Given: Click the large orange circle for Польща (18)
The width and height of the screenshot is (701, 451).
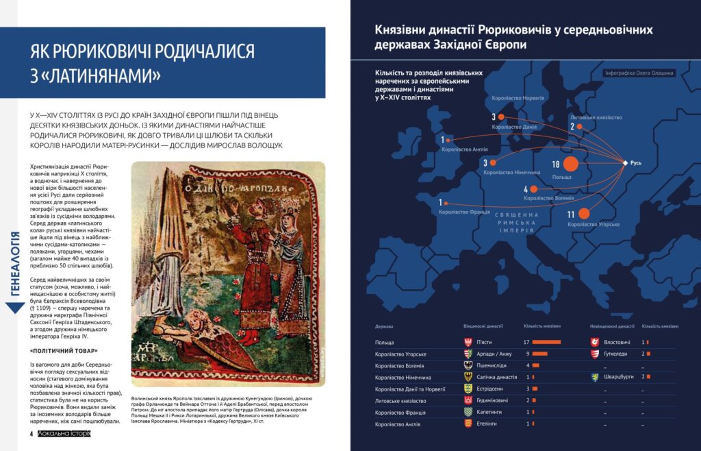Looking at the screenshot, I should [570, 164].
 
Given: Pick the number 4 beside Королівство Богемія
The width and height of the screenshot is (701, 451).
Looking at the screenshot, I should [526, 189].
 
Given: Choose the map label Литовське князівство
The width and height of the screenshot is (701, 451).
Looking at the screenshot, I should [596, 117].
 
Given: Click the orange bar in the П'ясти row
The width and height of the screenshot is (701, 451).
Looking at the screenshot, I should [546, 341].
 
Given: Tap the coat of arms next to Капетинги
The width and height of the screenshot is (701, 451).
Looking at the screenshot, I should [468, 412].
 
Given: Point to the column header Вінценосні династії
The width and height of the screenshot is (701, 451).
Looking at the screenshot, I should [483, 326].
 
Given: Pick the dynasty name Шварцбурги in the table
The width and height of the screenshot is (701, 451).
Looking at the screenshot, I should [620, 377].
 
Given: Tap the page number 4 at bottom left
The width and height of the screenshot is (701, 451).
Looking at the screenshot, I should [31, 434].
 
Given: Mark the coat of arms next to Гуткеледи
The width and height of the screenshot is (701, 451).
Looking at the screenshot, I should [596, 354].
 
